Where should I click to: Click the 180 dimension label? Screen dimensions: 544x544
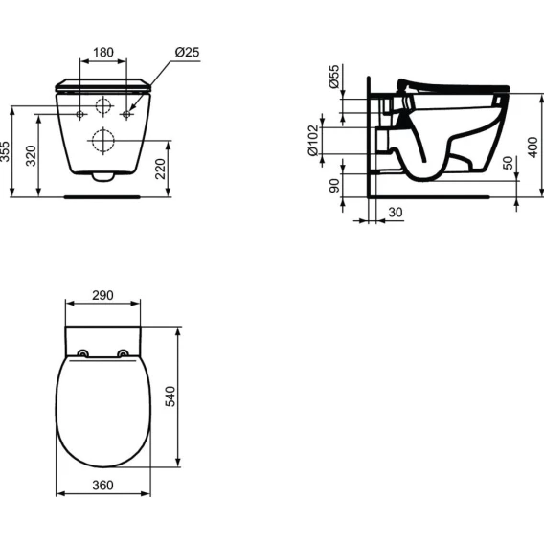pos(103,53)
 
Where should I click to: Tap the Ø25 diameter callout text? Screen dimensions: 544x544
pos(188,52)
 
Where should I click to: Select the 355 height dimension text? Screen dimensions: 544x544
pos(5,151)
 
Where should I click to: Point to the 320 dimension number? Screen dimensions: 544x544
pos(32,155)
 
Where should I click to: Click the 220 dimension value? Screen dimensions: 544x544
pos(160,169)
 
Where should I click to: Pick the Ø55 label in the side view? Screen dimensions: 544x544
pos(333,77)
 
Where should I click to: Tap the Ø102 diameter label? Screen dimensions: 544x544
pos(313,141)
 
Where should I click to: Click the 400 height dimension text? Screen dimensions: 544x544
pos(533,147)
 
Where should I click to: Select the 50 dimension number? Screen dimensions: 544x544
pos(508,163)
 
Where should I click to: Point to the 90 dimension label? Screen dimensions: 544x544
pos(334,186)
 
